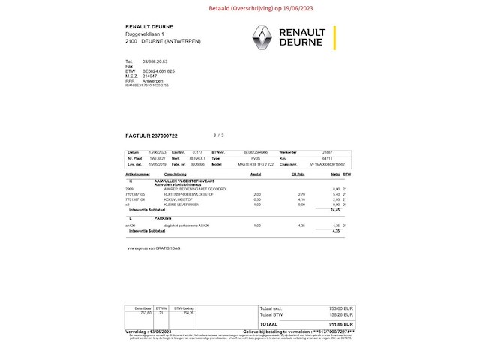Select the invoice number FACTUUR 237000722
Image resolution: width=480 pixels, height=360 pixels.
click(151, 136)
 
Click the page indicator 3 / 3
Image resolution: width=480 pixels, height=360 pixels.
click(218, 136)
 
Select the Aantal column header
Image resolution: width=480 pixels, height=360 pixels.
click(256, 174)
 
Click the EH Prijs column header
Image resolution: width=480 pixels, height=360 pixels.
click(298, 174)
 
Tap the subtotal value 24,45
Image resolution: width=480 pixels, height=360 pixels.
click(335, 210)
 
